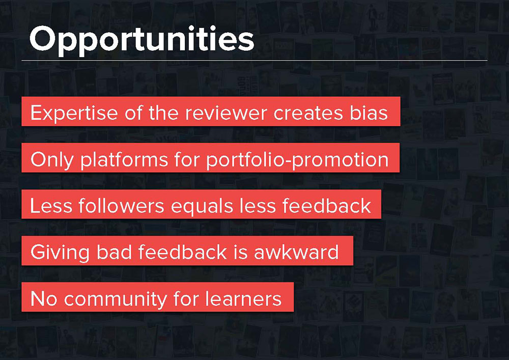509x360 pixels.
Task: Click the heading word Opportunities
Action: (x=142, y=40)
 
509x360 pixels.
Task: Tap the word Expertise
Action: (x=74, y=114)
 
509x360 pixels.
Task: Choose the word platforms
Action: (x=124, y=160)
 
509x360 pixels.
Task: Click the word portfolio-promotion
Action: (x=297, y=160)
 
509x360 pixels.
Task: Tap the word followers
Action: (x=121, y=206)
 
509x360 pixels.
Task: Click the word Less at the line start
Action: (x=51, y=206)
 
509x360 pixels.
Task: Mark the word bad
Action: (x=114, y=252)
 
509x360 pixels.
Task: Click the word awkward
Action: (x=296, y=252)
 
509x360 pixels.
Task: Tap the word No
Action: (x=44, y=299)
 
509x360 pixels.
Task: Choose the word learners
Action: (x=243, y=299)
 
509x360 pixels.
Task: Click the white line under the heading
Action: (x=254, y=61)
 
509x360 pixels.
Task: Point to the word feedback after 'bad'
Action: (x=182, y=252)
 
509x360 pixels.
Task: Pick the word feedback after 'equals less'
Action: (x=327, y=206)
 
